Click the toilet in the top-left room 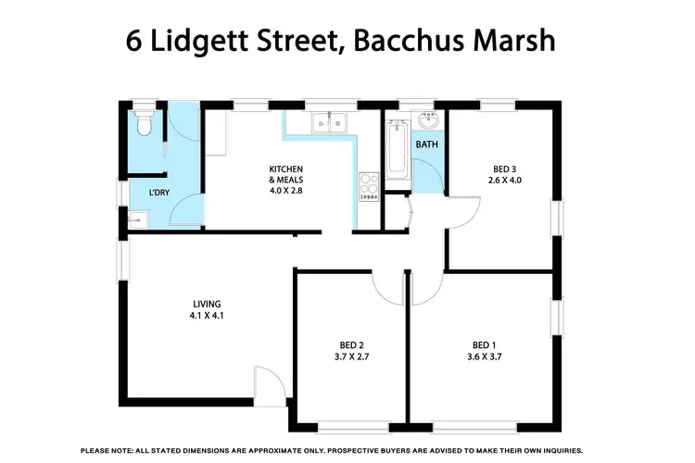pos(142,123)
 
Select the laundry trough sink pos(136,219)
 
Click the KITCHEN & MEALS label pos(285,174)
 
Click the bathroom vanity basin pos(428,122)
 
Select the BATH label pos(426,145)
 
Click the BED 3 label pos(503,169)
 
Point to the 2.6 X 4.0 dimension pos(503,181)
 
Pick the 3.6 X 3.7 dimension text pos(482,355)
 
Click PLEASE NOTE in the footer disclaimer pos(108,449)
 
